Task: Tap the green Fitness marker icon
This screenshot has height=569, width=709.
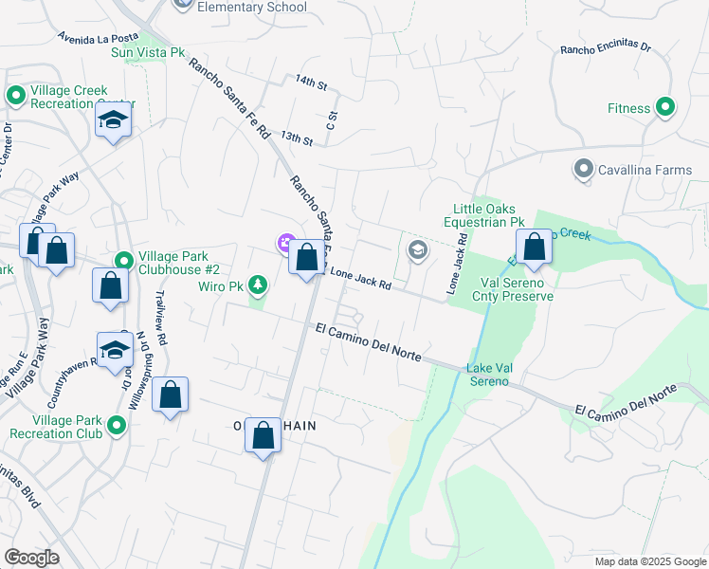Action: [x=665, y=108]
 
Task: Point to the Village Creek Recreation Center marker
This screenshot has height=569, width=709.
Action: [x=16, y=95]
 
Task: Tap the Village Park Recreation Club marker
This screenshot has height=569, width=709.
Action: [x=117, y=426]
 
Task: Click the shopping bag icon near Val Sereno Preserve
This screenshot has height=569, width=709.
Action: [x=535, y=247]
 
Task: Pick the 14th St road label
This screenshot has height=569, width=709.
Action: [x=310, y=84]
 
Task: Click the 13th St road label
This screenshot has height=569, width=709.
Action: [x=297, y=139]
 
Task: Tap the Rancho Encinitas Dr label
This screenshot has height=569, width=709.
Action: [x=606, y=47]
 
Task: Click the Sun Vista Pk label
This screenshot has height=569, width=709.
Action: [x=148, y=52]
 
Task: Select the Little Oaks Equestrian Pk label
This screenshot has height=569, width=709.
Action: [x=488, y=215]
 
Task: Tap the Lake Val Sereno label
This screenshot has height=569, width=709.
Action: [x=487, y=375]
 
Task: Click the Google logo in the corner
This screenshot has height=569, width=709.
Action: [x=31, y=558]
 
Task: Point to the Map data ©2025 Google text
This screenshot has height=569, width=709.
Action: [x=650, y=561]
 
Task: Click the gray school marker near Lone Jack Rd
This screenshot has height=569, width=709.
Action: [x=416, y=250]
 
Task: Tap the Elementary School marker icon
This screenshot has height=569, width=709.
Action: [x=183, y=4]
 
